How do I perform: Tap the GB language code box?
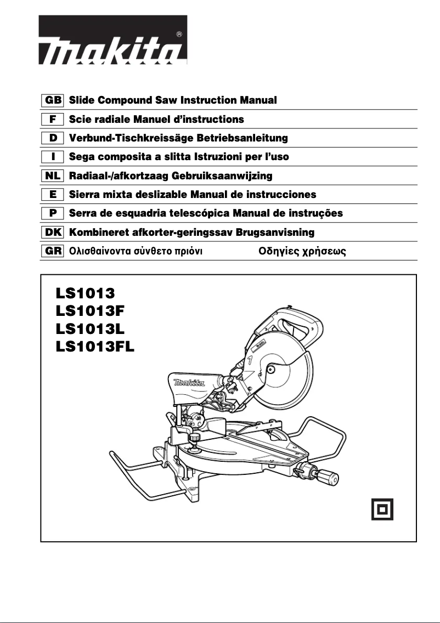coord(53,101)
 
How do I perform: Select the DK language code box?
coord(53,232)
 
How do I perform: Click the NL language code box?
coord(53,176)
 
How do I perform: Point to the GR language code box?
coord(53,251)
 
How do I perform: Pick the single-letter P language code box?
coord(53,213)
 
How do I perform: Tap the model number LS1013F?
coord(91,310)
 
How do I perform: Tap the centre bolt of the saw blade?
coord(270,369)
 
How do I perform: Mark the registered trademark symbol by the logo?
coord(179,34)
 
